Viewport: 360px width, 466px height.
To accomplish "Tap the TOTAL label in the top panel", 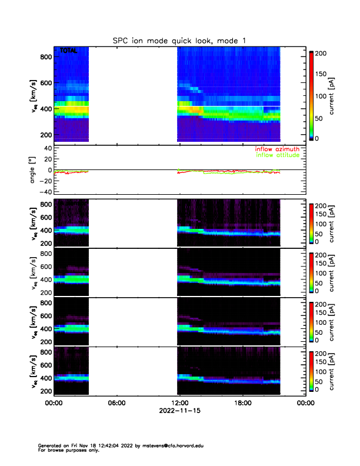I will (x=69, y=51).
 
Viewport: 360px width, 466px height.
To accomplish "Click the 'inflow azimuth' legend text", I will (x=276, y=149).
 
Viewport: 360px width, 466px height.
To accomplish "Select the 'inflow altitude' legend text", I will (x=276, y=155).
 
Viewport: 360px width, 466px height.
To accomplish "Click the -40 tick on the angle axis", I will (x=44, y=192).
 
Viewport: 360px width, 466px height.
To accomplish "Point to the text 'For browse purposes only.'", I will (x=66, y=450).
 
